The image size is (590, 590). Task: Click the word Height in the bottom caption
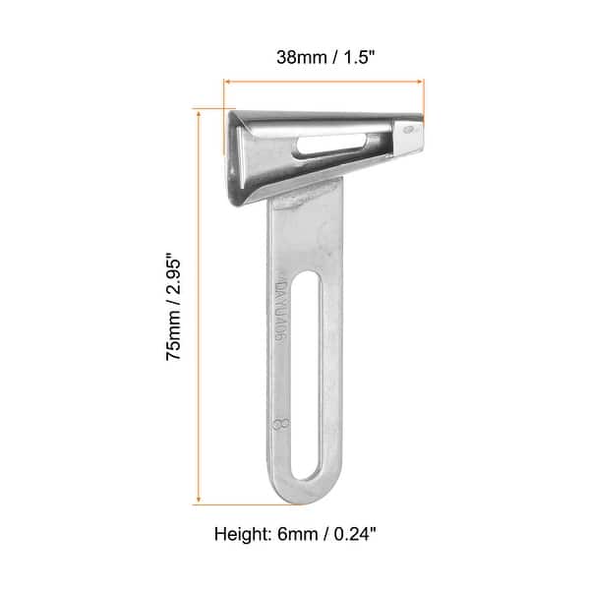click(240, 536)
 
